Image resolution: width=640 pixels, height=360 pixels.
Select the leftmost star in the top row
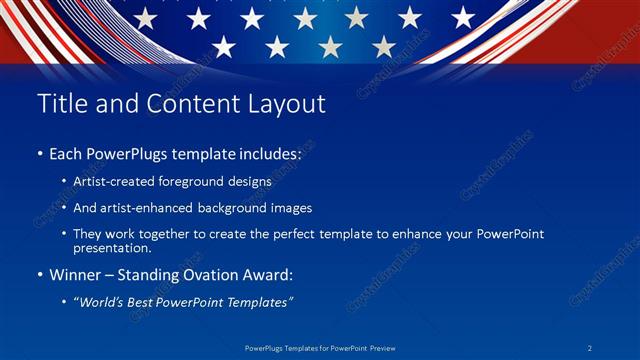146,17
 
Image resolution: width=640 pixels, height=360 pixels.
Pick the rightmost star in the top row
463,17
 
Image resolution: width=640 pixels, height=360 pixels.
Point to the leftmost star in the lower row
224,46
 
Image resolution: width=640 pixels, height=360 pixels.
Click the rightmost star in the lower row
384,46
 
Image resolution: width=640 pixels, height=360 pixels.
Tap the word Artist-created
110,183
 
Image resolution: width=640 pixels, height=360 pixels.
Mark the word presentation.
112,248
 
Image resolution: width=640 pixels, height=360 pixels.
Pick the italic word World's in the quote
105,301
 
